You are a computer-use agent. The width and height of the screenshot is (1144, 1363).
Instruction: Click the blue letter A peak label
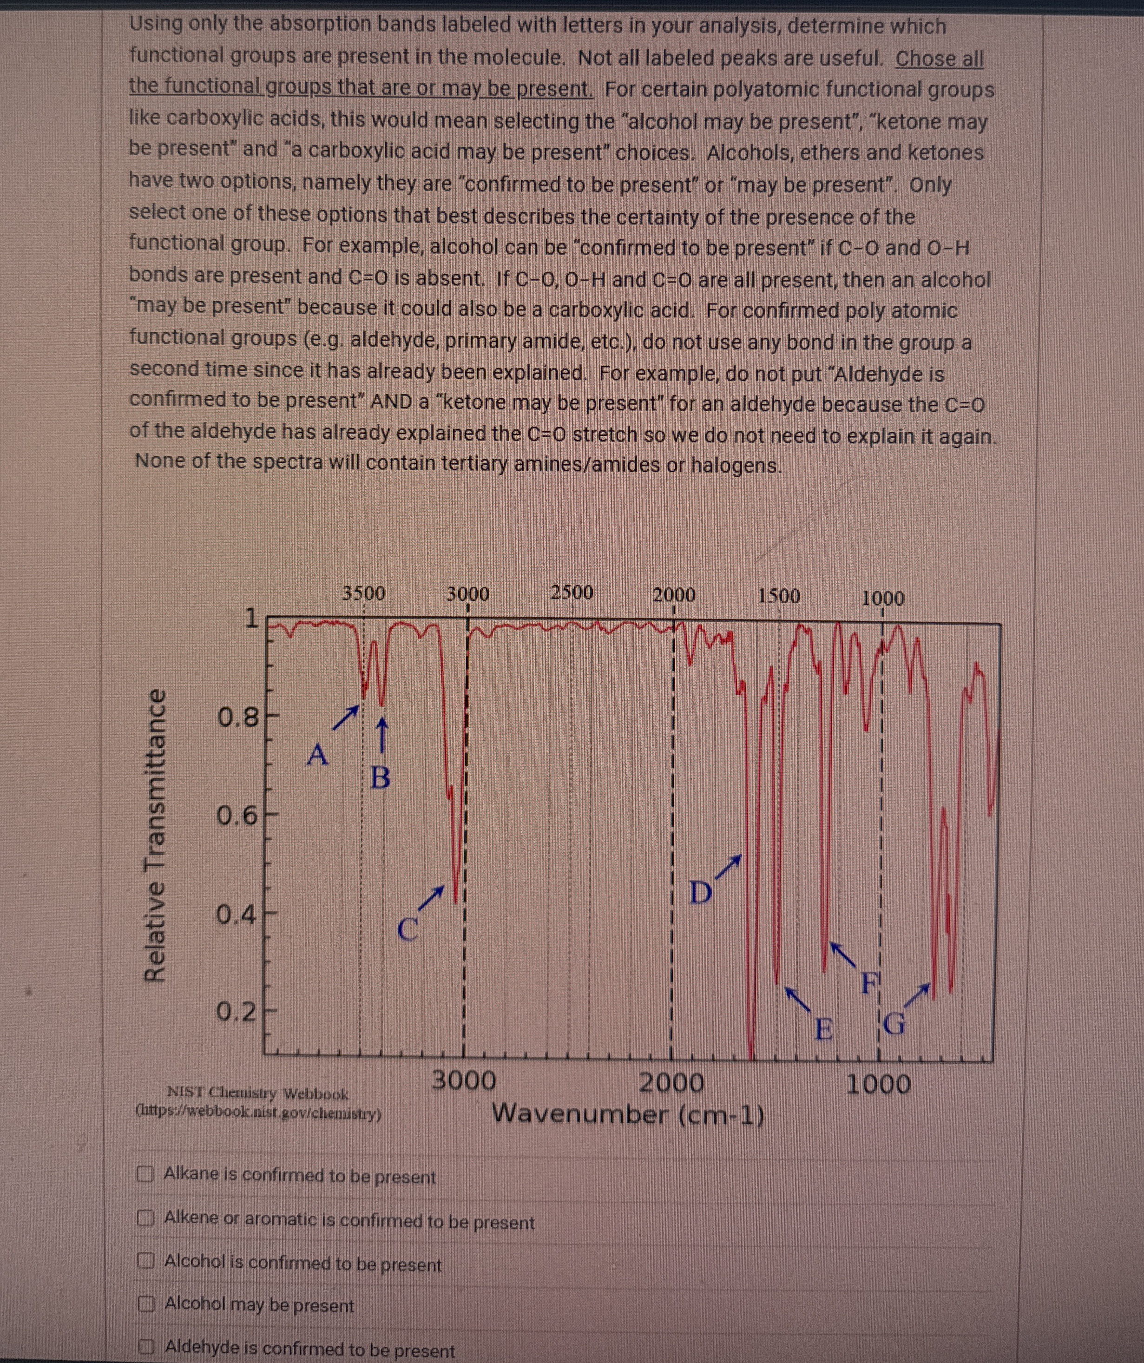(317, 755)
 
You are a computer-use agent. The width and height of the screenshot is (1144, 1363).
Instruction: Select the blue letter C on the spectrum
(408, 929)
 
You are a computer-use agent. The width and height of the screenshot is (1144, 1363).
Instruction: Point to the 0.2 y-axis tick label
(237, 1011)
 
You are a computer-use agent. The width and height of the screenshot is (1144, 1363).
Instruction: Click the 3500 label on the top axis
(363, 593)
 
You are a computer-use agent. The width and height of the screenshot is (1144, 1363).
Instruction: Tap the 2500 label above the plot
(572, 593)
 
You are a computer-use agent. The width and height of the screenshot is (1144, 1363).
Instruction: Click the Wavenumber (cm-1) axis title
(628, 1114)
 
